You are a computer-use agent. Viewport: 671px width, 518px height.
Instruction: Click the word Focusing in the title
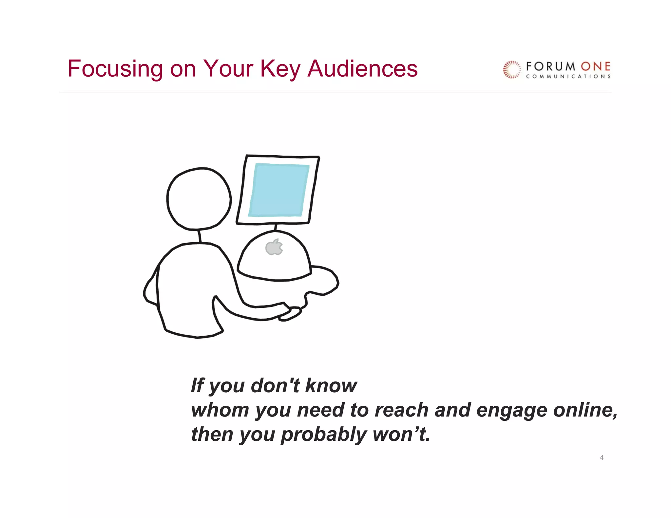click(x=115, y=69)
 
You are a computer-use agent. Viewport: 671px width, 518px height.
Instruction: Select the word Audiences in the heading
click(x=362, y=69)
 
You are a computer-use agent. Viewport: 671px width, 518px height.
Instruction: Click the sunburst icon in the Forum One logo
click(x=511, y=70)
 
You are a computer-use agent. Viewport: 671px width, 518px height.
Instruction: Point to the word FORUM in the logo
click(x=550, y=67)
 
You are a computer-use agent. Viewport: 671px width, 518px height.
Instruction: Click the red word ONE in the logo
click(x=595, y=67)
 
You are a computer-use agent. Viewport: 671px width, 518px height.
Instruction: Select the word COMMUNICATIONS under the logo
click(x=568, y=77)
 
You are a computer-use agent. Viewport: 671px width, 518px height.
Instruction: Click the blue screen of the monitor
click(x=278, y=190)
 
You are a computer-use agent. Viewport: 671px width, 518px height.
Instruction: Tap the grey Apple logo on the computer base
click(x=274, y=247)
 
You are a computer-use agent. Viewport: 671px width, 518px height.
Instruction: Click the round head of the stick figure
click(x=199, y=199)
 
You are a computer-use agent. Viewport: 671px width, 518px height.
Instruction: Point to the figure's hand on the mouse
click(x=290, y=314)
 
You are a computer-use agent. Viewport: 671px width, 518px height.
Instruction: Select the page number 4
click(x=602, y=457)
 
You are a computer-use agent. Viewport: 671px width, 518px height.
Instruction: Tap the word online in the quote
click(x=585, y=410)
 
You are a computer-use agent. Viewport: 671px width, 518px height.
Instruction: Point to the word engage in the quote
click(x=511, y=411)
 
